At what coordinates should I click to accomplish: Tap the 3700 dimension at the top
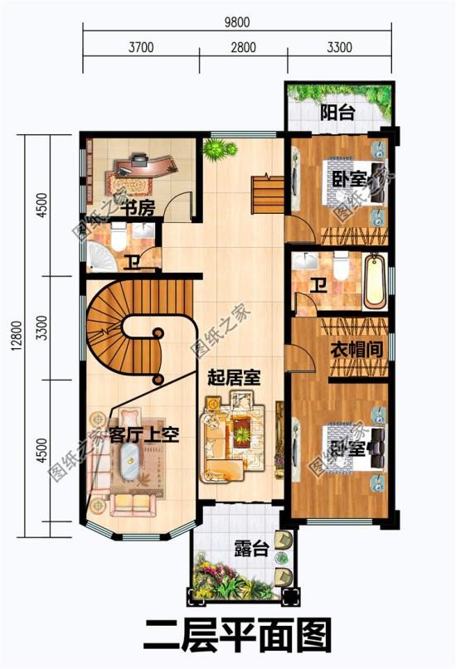pyautogui.click(x=141, y=47)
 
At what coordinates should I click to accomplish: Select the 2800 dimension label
pyautogui.click(x=243, y=47)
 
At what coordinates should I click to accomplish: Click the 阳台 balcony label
pyautogui.click(x=337, y=113)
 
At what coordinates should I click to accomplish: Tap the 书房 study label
pyautogui.click(x=137, y=207)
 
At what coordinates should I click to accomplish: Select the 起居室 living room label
pyautogui.click(x=235, y=378)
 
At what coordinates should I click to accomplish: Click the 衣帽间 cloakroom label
pyautogui.click(x=357, y=349)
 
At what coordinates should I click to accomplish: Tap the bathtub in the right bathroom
pyautogui.click(x=373, y=280)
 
